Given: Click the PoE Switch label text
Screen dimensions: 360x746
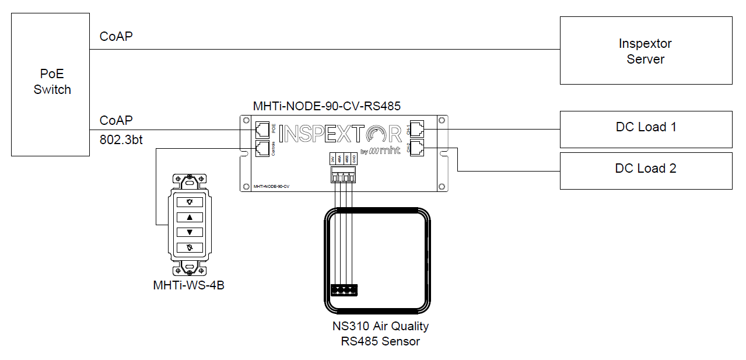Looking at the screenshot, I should click(52, 82).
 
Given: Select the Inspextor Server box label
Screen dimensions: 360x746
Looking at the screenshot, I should click(645, 51).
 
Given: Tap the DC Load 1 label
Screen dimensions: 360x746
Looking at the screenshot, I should click(646, 127).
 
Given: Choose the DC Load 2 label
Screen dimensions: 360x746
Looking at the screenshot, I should click(646, 169).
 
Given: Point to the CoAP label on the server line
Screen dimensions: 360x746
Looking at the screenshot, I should click(116, 37).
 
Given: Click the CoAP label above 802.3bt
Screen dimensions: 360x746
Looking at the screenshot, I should click(116, 120).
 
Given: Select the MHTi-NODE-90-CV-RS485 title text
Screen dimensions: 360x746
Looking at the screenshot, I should click(327, 106).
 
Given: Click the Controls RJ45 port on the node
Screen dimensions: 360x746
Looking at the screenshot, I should click(262, 148).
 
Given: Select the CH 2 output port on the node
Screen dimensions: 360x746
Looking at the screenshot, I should click(418, 148).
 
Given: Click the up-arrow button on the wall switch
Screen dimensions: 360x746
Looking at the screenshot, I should click(190, 217).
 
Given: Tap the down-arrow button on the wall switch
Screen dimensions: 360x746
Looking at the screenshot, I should click(190, 232).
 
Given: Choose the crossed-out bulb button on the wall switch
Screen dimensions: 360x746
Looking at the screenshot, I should click(190, 247).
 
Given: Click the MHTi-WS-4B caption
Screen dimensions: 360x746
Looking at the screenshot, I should click(188, 285).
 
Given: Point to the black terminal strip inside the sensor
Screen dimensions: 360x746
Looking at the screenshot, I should click(344, 289).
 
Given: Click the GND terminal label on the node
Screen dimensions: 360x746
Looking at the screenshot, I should click(354, 159).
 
